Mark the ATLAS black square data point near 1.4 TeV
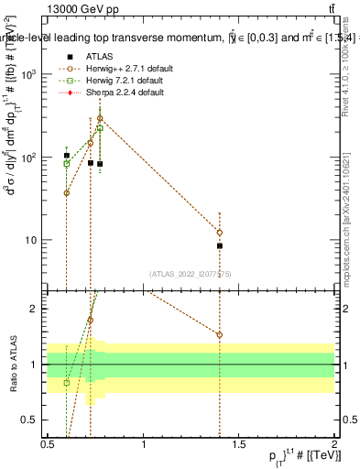(220, 245)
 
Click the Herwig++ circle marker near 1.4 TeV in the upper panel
(220, 232)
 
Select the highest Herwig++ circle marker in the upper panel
(100, 118)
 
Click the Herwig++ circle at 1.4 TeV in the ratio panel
(220, 334)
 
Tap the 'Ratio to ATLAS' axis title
(13, 364)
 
